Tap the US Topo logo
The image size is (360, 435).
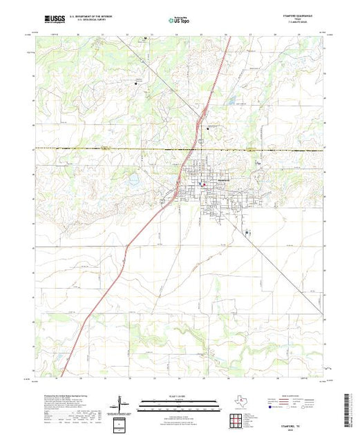[180, 21]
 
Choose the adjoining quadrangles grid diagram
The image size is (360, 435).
[234, 418]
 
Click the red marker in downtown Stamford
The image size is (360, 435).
[202, 185]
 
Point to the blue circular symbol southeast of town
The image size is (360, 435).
[247, 233]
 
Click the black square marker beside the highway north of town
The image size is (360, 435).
[208, 126]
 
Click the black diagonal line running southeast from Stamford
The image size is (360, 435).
[276, 269]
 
